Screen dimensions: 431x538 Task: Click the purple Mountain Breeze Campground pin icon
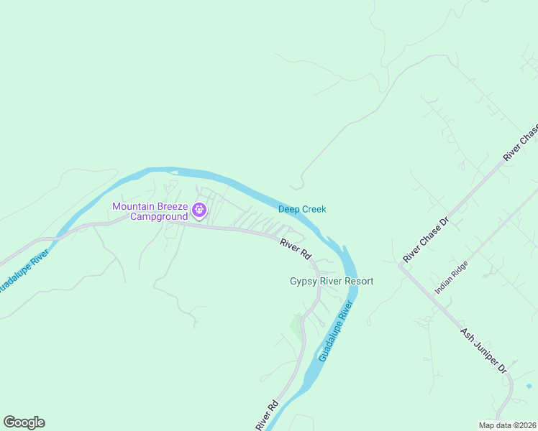199,210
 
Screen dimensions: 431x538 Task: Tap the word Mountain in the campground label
134,207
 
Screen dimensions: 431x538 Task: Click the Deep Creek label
302,209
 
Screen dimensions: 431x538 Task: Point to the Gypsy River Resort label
332,281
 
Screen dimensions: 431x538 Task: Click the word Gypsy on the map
304,281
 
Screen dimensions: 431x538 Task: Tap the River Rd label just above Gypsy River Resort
295,249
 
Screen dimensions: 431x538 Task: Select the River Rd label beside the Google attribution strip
266,416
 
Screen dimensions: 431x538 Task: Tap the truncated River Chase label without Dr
521,143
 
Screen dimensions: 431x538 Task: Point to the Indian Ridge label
451,277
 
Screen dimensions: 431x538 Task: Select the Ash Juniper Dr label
484,351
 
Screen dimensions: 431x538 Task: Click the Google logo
24,422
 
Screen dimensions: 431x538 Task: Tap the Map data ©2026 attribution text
508,425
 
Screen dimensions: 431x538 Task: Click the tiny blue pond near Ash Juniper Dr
529,386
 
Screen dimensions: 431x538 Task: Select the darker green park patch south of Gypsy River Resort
296,327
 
